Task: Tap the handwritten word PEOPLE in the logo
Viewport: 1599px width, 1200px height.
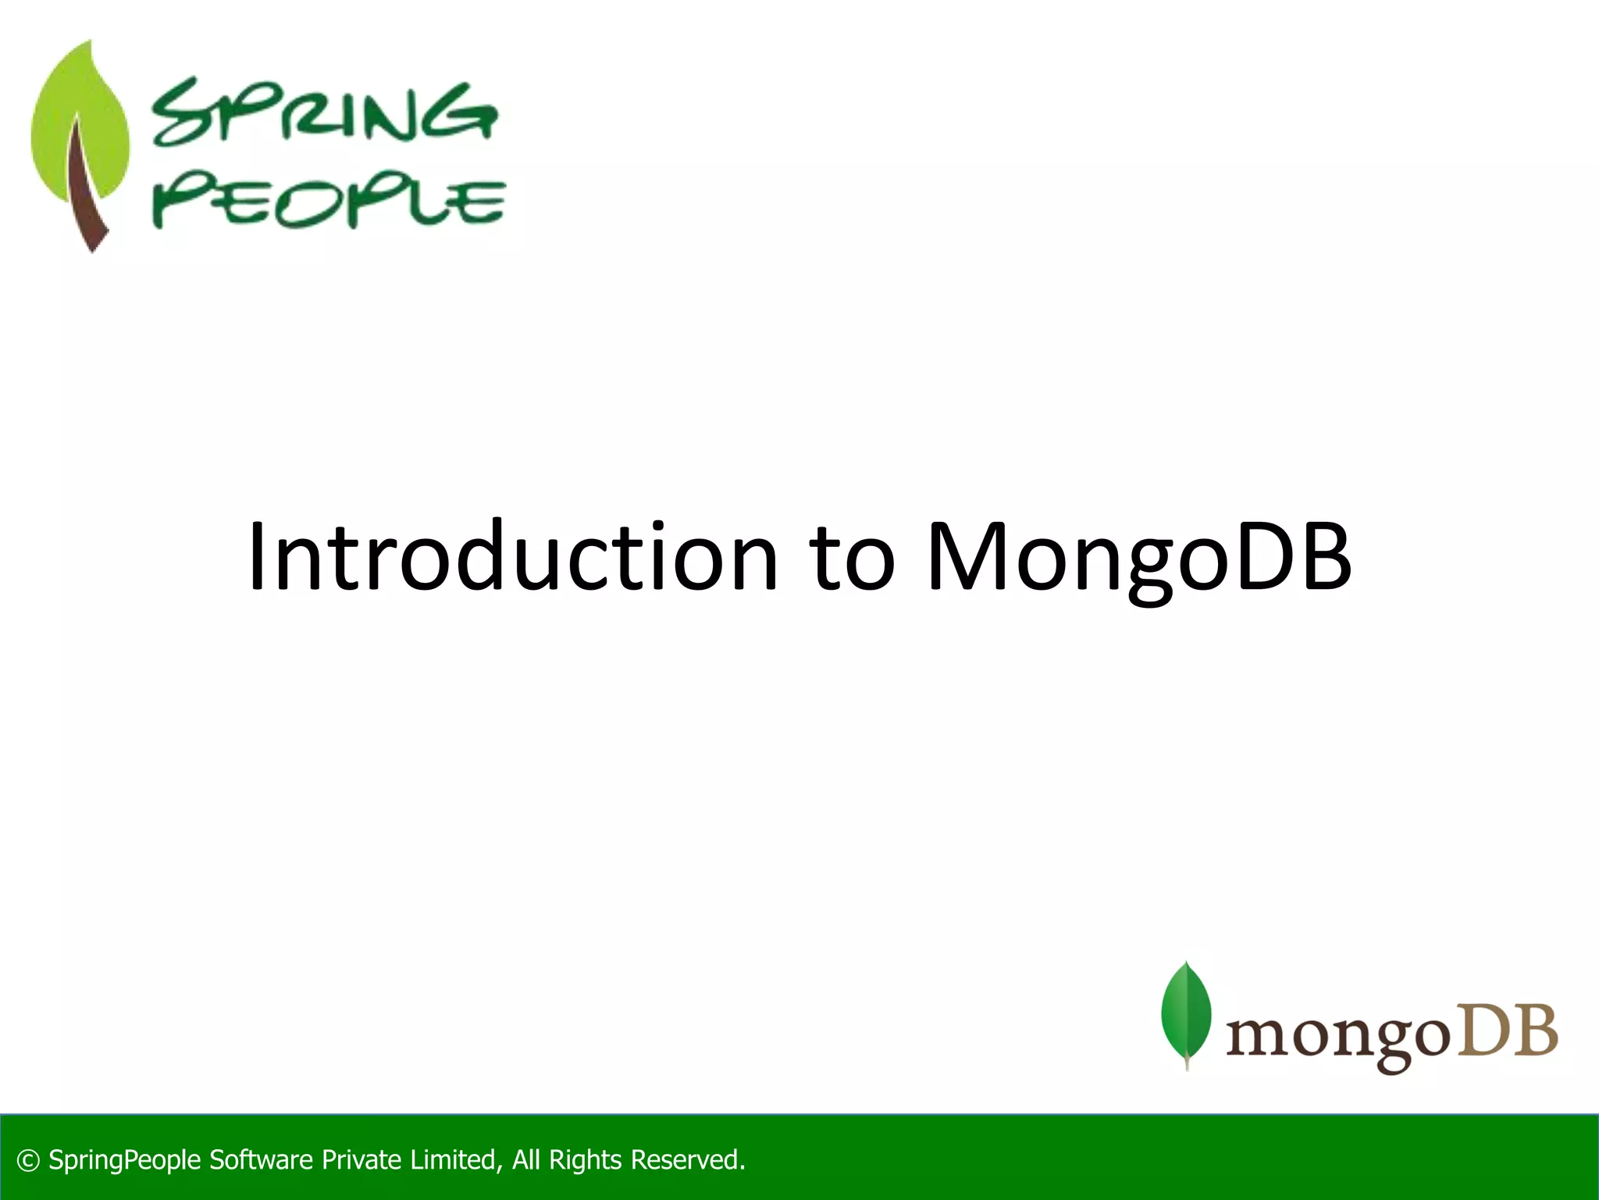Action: click(328, 203)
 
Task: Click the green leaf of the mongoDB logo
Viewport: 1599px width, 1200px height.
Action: click(1186, 1012)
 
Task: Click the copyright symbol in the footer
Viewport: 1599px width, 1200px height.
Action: click(28, 1161)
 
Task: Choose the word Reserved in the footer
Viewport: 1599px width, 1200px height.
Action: click(687, 1160)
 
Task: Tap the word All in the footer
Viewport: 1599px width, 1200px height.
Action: click(526, 1160)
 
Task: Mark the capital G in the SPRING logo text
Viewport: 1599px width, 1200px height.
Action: click(465, 115)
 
